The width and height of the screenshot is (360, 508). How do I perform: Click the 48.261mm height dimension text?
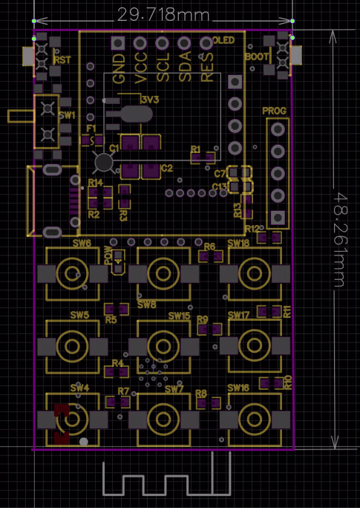341,238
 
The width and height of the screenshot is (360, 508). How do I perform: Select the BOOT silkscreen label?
257,56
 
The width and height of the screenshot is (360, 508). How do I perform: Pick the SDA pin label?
186,68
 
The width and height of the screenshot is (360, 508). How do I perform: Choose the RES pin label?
208,68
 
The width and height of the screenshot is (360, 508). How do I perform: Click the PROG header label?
275,111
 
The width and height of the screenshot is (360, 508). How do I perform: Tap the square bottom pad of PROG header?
278,218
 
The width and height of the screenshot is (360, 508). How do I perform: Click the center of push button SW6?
71,273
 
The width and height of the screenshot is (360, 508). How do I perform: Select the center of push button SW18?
254,273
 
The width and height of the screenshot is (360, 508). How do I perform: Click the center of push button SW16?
254,417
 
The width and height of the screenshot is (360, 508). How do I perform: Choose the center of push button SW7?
163,417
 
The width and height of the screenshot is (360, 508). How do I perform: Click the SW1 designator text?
68,116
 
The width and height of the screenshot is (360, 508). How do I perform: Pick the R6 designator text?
209,246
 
